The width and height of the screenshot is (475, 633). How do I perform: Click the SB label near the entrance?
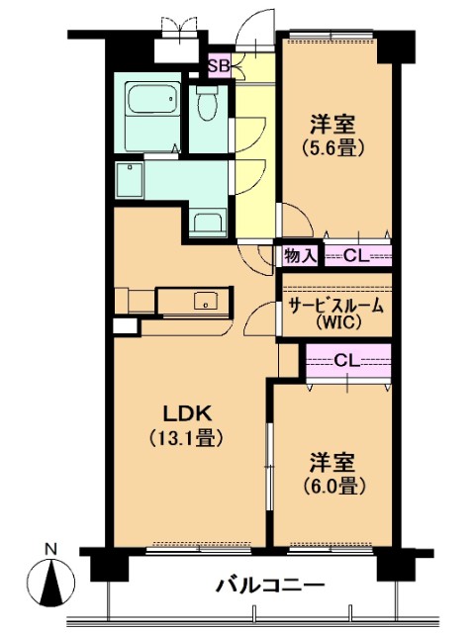point(219,66)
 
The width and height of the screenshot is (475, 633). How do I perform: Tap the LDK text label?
point(187,413)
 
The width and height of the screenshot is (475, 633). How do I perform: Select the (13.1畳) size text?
point(186,438)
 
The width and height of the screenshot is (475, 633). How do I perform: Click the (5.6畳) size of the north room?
point(334,148)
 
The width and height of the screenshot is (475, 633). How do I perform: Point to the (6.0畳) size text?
point(333,486)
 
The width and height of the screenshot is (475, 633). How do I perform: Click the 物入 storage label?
point(300,255)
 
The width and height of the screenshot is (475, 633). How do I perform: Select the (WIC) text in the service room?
point(336,321)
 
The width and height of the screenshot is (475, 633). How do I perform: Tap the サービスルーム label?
point(335,306)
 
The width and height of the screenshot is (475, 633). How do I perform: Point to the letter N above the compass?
point(50,549)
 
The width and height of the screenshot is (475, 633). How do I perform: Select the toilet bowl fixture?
point(208,103)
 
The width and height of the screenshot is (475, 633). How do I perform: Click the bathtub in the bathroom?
point(151,99)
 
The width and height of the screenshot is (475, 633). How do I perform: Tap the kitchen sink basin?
point(206,301)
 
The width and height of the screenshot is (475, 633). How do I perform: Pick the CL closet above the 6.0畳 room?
point(348,360)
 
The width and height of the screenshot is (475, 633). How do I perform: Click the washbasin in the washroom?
point(207,223)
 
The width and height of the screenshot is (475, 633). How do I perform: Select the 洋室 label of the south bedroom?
point(333,463)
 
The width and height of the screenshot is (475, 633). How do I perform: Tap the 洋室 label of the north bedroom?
point(333,125)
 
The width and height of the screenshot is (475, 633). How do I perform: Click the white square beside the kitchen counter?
point(126,326)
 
